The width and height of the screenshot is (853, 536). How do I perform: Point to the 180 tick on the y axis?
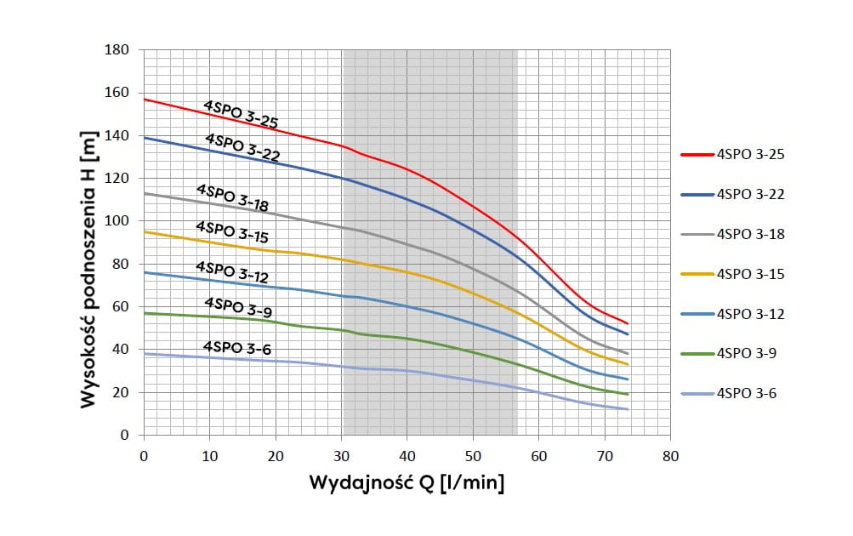[119, 50]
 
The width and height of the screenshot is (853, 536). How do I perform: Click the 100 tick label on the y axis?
[119, 221]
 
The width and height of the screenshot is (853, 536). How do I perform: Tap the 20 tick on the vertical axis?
[122, 393]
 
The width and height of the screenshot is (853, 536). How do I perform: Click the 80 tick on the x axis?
[670, 456]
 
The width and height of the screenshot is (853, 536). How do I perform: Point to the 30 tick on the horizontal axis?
[340, 456]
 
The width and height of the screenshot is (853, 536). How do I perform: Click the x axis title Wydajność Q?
[407, 485]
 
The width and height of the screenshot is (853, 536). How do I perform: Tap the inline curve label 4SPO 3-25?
[241, 115]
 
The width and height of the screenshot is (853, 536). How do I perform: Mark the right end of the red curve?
[628, 323]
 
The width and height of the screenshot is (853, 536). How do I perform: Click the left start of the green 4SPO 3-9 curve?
[144, 313]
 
